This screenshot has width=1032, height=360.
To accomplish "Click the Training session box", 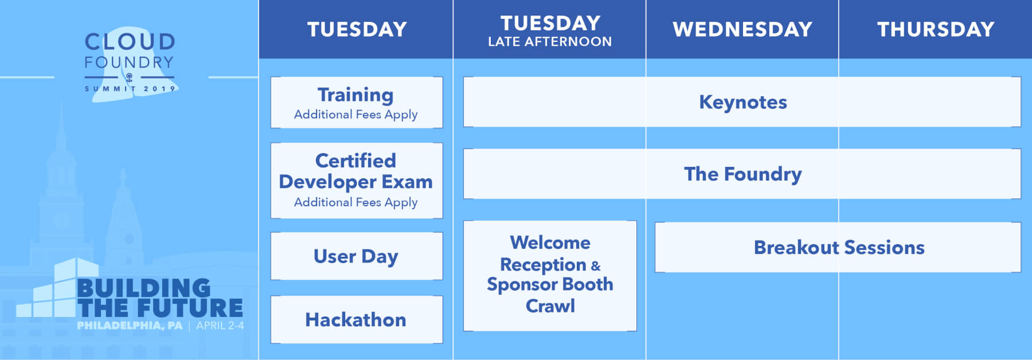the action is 356,102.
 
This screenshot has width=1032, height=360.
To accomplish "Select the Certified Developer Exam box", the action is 356,181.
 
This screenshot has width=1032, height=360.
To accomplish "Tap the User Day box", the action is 356,256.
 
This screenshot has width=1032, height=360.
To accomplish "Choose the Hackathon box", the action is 356,319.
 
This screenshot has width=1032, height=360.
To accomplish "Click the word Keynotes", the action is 742,102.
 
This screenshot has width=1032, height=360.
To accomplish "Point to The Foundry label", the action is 742,174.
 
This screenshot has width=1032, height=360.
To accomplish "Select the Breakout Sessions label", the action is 839,247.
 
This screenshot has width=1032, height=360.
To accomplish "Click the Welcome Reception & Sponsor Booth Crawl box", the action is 550,276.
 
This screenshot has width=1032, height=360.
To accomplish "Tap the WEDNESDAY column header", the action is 742,29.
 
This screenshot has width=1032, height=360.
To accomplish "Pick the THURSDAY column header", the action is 936,29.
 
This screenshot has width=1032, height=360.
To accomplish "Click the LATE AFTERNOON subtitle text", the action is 550,42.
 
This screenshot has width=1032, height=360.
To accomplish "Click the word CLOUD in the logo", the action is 130,42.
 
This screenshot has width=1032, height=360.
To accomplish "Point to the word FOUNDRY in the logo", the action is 129,62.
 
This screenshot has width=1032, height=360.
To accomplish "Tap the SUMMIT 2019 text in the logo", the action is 130,89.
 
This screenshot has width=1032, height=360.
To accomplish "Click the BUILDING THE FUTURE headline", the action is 160,298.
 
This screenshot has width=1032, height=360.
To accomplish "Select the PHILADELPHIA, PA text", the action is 130,326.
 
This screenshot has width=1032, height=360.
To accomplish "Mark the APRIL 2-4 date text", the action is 220,326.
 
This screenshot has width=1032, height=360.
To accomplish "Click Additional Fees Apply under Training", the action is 355,115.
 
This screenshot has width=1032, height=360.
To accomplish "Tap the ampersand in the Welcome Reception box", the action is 596,266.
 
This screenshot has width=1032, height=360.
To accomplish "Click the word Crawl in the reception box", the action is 550,306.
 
